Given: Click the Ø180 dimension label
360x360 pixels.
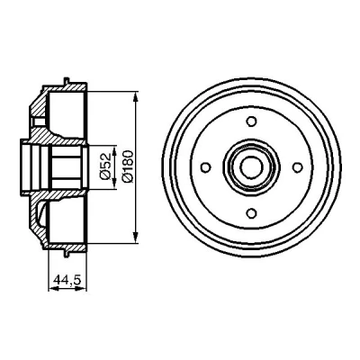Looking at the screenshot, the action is point(127,166).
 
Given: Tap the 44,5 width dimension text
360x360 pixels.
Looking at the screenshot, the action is point(67,280).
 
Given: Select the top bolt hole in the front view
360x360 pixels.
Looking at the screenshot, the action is point(251,121).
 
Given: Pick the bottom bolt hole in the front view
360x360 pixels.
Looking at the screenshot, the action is point(251,213).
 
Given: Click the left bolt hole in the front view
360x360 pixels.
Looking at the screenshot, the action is point(205,167).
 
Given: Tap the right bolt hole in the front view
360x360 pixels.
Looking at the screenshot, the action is point(297,167).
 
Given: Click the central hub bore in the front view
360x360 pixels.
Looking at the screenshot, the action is point(251,167).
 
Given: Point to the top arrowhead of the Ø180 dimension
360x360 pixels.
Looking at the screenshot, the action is point(136,96).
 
